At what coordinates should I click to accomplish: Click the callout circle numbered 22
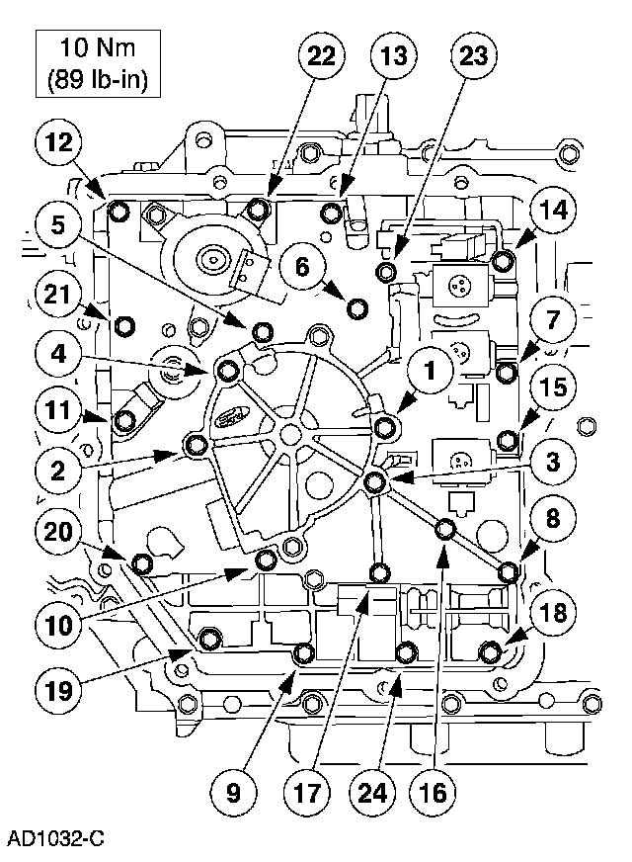point(323,55)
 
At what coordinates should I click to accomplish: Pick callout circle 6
point(302,264)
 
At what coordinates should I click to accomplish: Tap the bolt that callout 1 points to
point(386,426)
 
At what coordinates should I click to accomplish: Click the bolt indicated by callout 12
point(118,211)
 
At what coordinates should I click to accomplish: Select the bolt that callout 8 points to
point(510,572)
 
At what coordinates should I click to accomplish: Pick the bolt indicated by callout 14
point(503,261)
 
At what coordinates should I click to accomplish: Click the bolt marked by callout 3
point(374,481)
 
